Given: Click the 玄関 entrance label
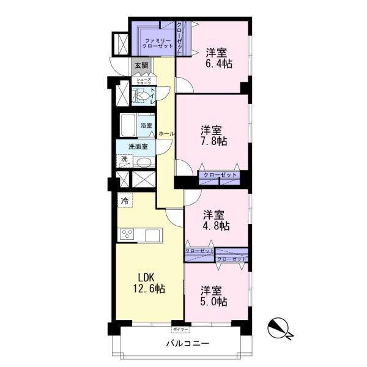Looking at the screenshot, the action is [x=141, y=65].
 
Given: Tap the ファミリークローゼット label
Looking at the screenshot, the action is [x=158, y=43].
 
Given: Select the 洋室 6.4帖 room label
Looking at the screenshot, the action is [x=219, y=58].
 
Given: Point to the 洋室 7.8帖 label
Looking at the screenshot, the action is [x=213, y=136].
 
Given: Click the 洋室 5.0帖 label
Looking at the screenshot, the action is [x=213, y=296].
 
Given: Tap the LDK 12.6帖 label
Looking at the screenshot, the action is [x=149, y=283].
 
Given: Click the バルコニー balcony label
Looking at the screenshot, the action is [x=188, y=344].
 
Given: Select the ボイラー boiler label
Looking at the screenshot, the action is [x=180, y=330].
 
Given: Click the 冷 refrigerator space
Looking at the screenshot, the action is [x=125, y=201].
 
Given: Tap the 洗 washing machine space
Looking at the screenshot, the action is [x=124, y=161].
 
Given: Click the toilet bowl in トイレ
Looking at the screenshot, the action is [x=142, y=96].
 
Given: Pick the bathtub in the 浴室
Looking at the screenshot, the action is [x=128, y=125].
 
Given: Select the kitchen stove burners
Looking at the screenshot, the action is [x=127, y=234].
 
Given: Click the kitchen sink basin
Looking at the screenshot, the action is [x=152, y=235].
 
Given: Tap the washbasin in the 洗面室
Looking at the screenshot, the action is [x=144, y=162].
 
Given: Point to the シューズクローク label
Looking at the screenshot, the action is [x=144, y=81].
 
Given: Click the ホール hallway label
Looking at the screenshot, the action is [x=166, y=134].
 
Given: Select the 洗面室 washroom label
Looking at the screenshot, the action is [x=138, y=147].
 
